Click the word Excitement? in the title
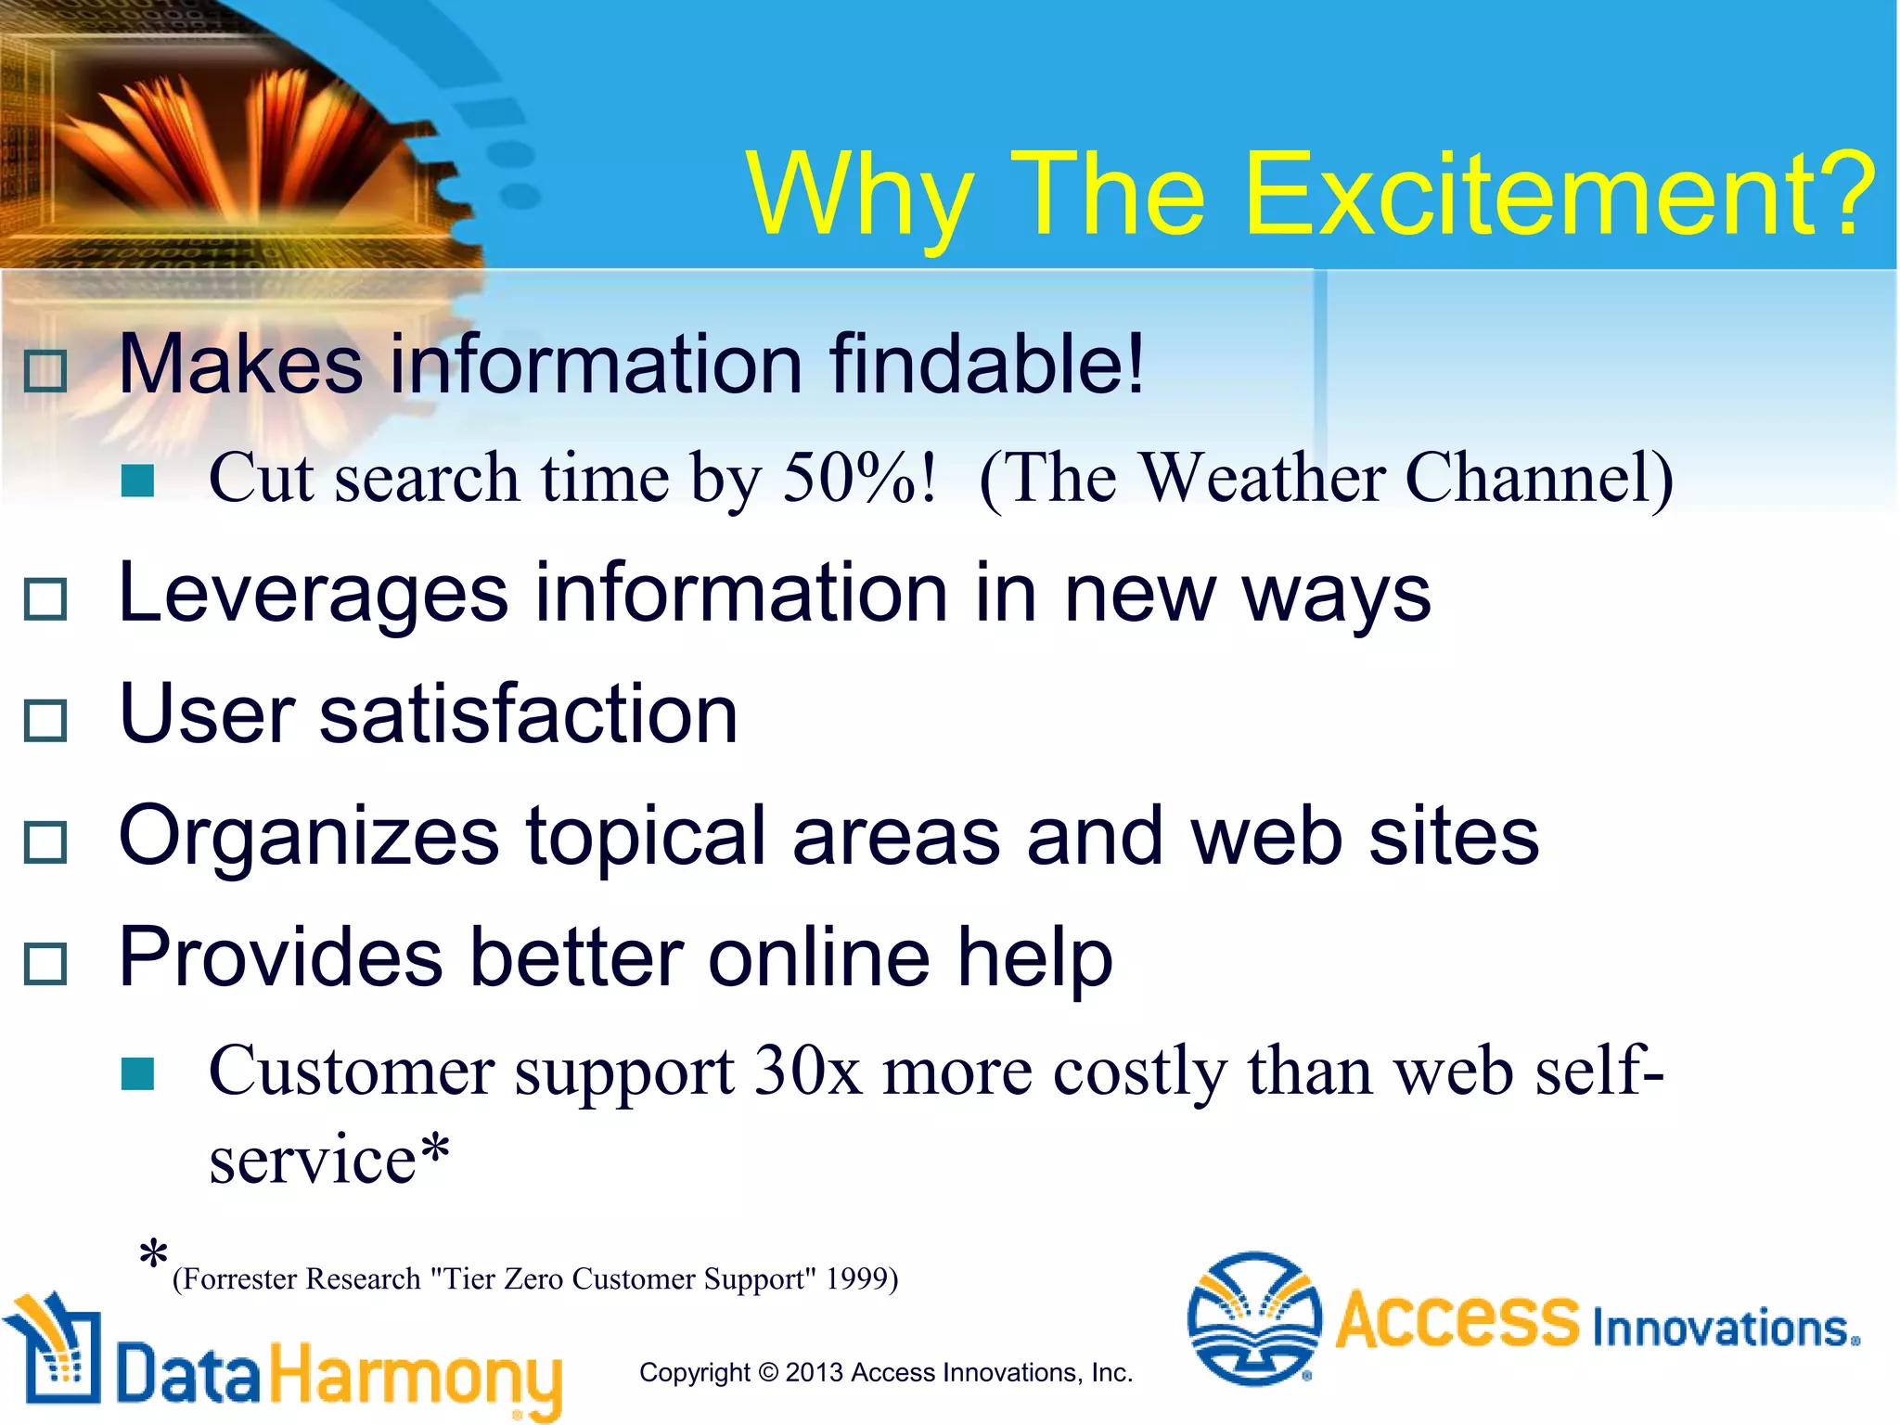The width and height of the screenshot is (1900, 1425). (x=1559, y=195)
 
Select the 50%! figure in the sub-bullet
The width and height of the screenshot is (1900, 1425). (x=858, y=478)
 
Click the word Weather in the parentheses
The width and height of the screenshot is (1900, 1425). (x=1262, y=478)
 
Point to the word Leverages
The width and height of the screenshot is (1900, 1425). (x=314, y=594)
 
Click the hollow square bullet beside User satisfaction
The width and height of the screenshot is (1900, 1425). (x=45, y=720)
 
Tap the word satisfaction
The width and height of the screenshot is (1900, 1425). (x=529, y=714)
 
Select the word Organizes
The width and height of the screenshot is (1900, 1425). (x=309, y=838)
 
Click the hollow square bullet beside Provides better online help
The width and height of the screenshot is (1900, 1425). (x=45, y=964)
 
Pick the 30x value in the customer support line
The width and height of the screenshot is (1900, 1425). (x=808, y=1072)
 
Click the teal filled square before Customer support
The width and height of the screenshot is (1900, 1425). (x=137, y=1074)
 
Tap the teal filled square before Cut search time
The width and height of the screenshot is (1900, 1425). (x=137, y=481)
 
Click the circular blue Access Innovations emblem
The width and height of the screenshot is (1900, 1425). (x=1254, y=1317)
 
